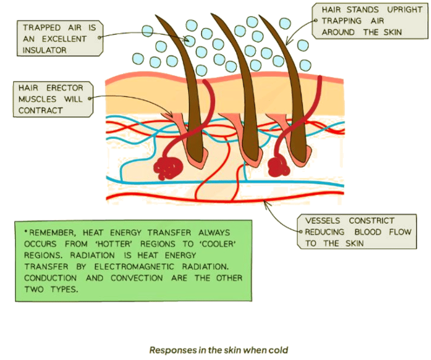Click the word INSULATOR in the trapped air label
coord(45,50)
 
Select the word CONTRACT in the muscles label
coord(40,110)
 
